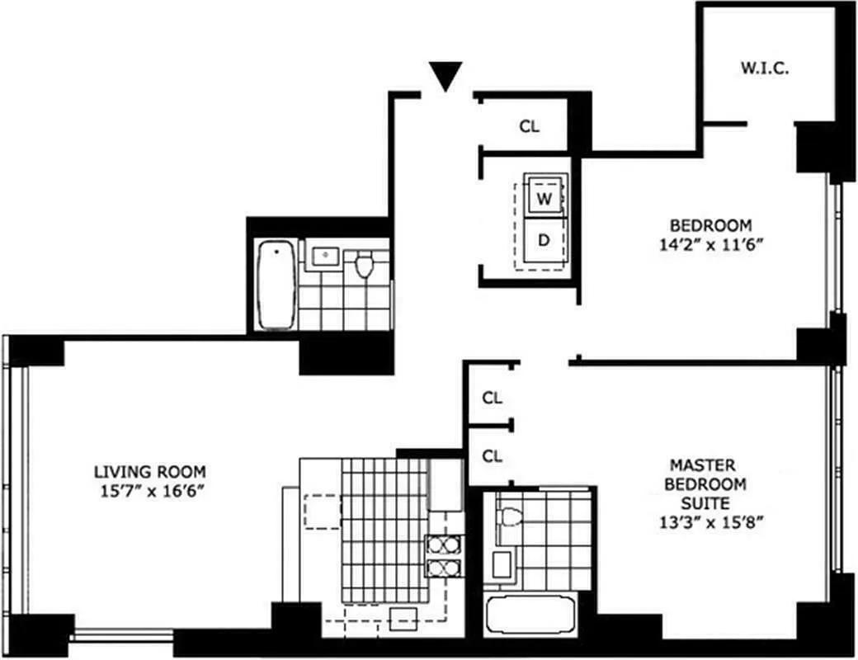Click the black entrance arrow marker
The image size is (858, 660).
(446, 77)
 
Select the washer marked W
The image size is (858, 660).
(544, 198)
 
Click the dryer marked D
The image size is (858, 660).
(544, 240)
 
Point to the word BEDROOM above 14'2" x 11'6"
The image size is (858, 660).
(709, 225)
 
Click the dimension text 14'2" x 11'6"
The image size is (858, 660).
(709, 244)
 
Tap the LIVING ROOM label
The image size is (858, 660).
(149, 472)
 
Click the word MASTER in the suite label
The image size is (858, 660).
(702, 466)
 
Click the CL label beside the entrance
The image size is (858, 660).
(529, 126)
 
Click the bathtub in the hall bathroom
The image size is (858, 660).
(276, 285)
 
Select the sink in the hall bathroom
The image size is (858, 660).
(326, 256)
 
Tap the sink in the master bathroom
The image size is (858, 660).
(501, 566)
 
